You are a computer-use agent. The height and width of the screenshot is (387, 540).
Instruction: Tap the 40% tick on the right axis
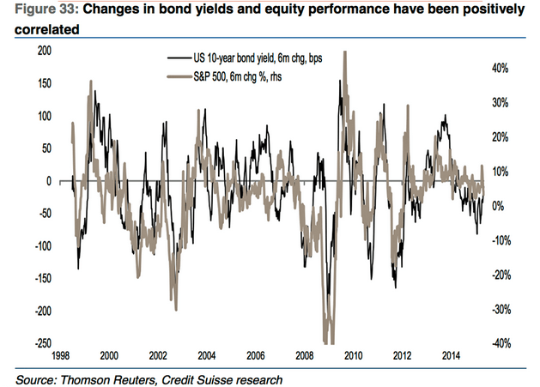click(502, 68)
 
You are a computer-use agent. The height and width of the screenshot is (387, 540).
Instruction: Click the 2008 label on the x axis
click(304, 355)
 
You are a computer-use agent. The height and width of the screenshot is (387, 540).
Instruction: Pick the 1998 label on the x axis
click(60, 355)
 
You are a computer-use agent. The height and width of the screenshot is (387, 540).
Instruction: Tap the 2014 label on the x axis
click(451, 355)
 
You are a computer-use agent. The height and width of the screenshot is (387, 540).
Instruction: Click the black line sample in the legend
click(177, 58)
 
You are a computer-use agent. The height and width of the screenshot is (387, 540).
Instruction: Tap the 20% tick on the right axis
click(502, 136)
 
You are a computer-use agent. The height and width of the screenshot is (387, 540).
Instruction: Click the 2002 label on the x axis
click(157, 355)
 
